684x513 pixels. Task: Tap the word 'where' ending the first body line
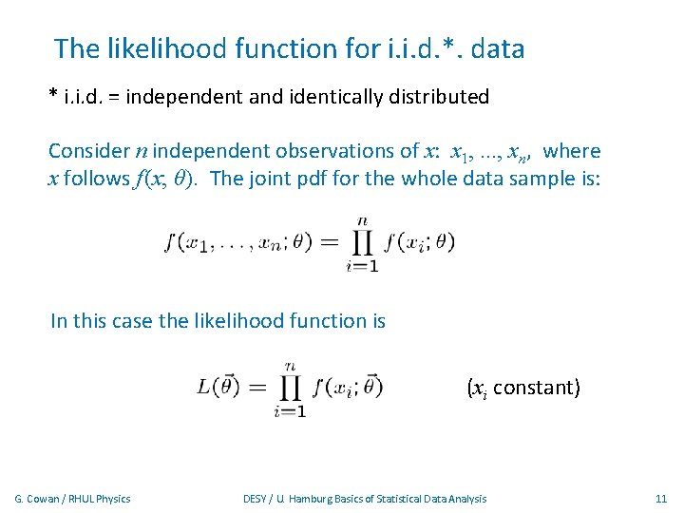click(573, 151)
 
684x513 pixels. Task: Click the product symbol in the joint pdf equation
click(362, 243)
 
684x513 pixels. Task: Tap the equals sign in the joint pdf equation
click(328, 244)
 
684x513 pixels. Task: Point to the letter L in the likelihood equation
click(204, 387)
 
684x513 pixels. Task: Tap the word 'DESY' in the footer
click(255, 499)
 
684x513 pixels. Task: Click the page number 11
click(661, 499)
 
